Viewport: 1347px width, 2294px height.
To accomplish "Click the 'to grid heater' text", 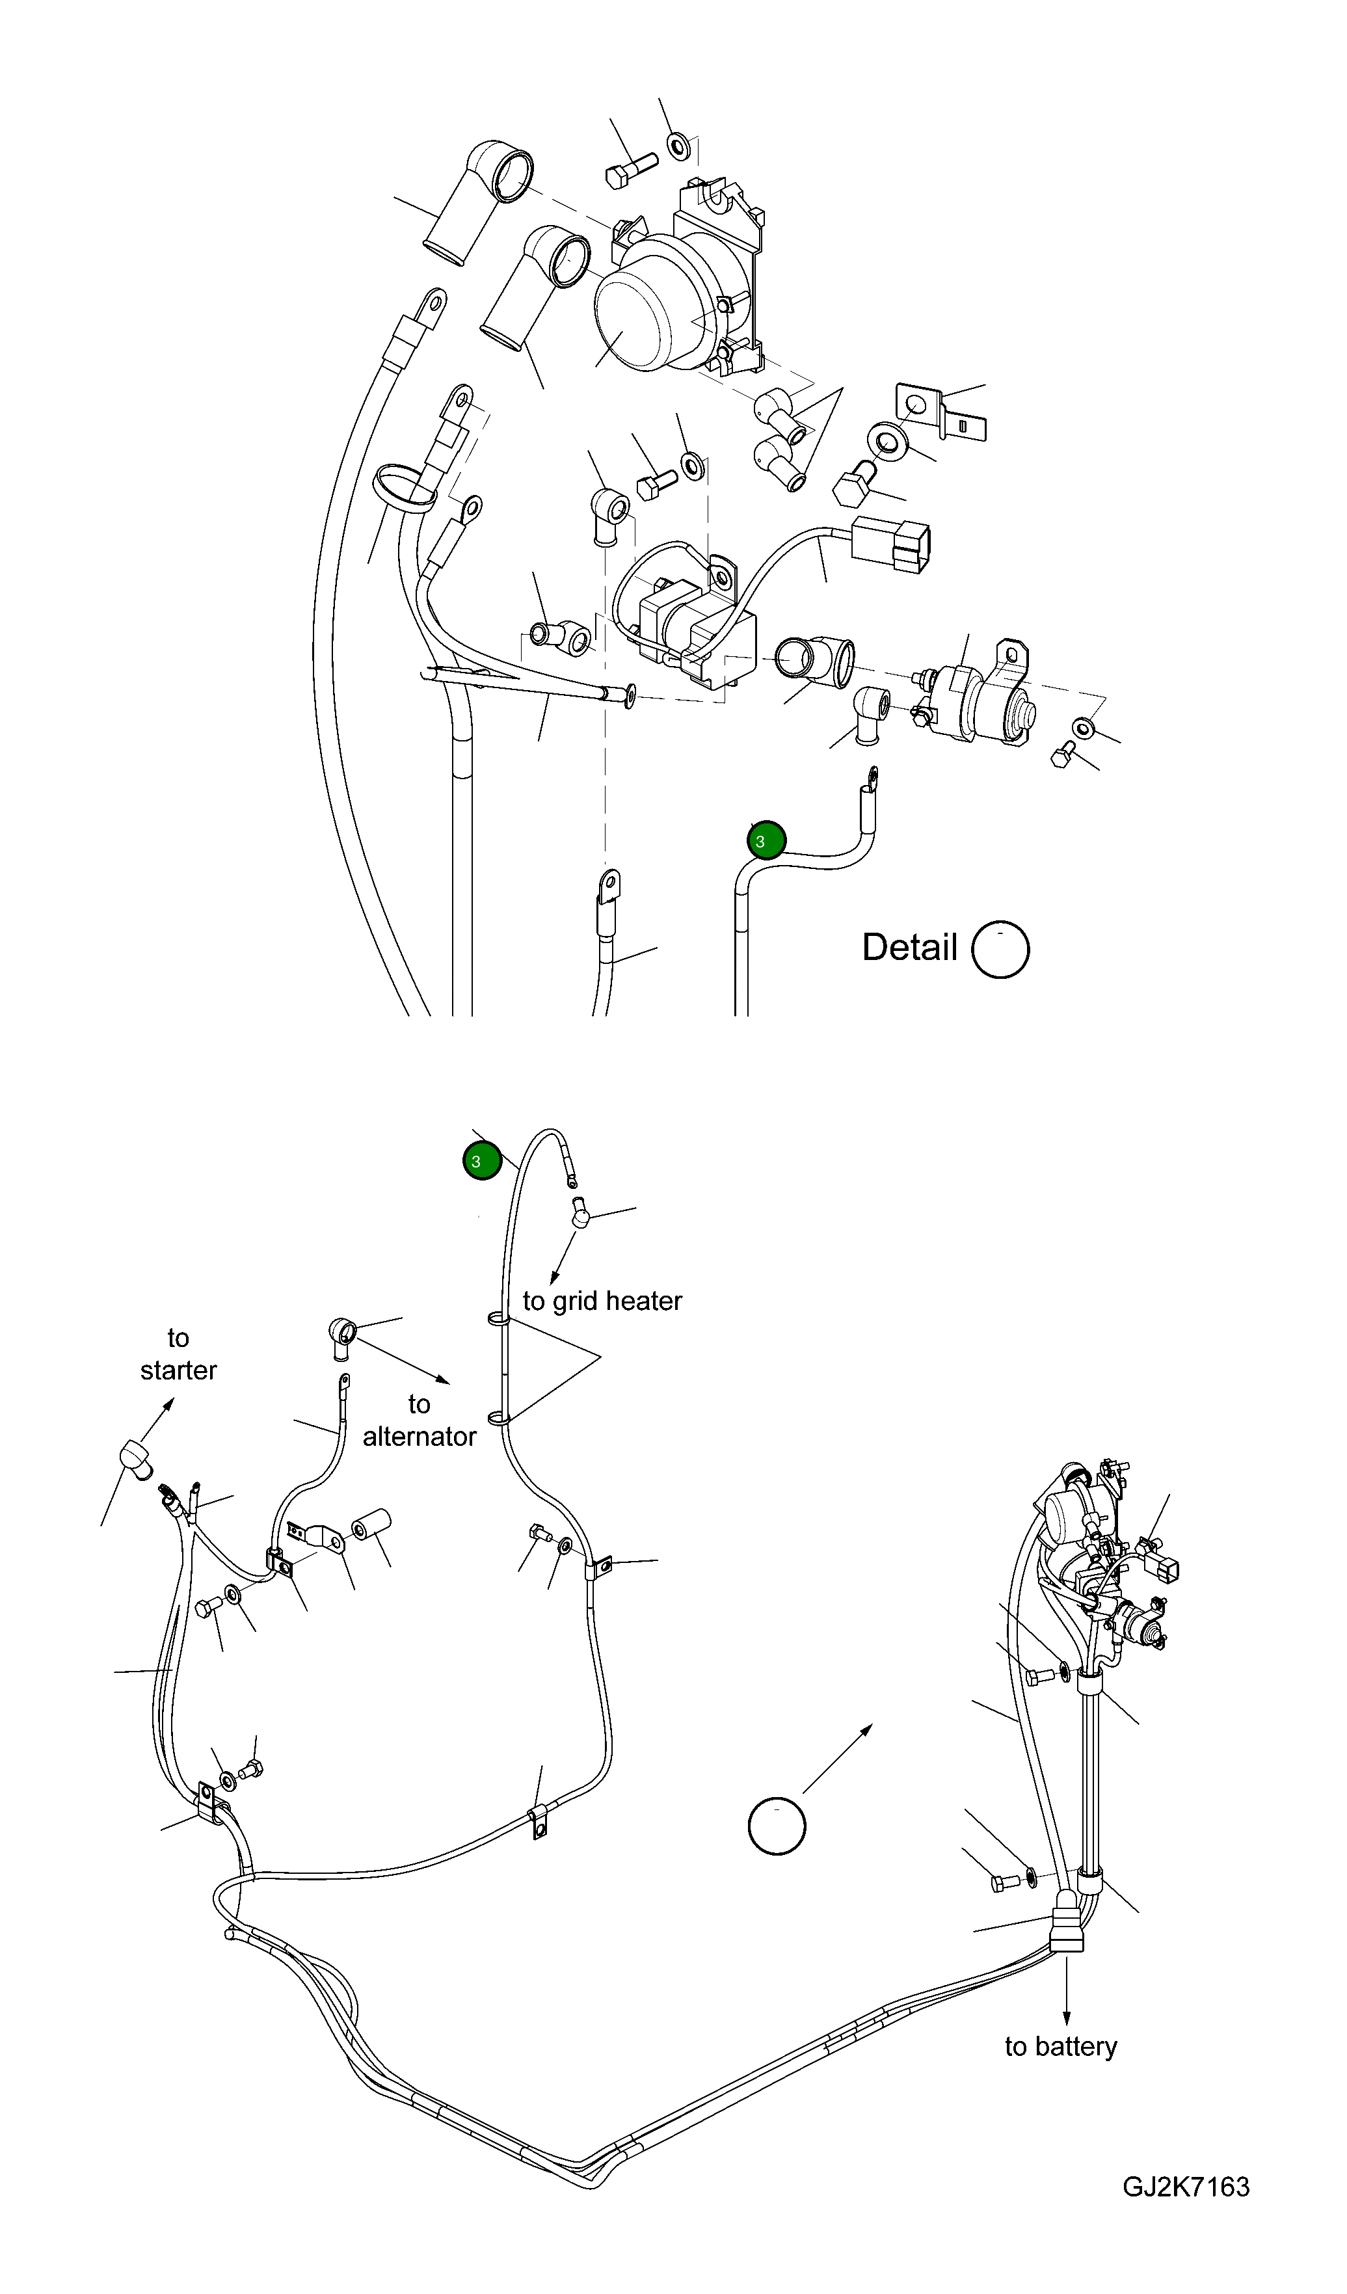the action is [x=602, y=1301].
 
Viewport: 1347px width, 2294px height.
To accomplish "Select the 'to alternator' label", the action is [x=419, y=1420].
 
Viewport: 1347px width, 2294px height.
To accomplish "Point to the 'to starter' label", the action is [x=178, y=1354].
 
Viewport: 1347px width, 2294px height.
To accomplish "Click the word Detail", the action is [x=909, y=948].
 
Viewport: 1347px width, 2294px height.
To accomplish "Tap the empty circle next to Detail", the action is [x=1000, y=950].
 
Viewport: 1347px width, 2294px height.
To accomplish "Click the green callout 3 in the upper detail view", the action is [x=766, y=840].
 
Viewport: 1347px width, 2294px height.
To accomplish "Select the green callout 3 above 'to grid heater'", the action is [x=483, y=1160].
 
